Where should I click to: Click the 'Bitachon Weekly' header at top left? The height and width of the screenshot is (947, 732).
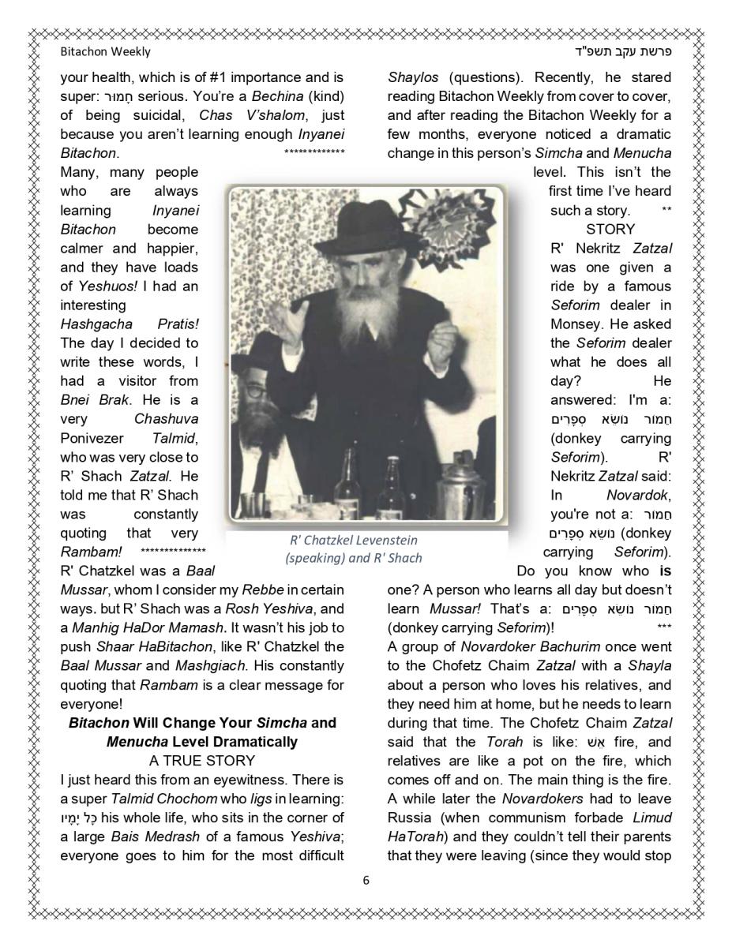coord(105,52)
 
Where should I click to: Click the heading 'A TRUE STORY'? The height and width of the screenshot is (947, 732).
coord(202,761)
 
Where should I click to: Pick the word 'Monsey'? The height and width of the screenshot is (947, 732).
coord(574,324)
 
